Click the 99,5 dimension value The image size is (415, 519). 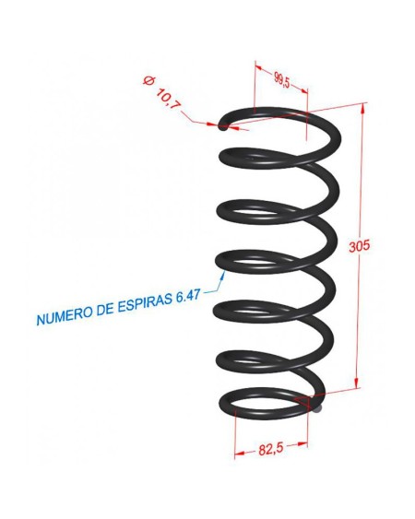click(x=282, y=80)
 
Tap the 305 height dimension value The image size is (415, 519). click(x=359, y=246)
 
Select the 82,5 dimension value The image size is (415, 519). click(x=271, y=449)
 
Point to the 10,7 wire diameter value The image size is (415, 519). click(x=168, y=99)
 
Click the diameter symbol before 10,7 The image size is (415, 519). click(x=148, y=80)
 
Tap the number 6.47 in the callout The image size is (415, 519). click(x=188, y=296)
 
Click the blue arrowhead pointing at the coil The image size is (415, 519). click(x=223, y=275)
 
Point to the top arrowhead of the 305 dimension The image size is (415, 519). click(x=363, y=108)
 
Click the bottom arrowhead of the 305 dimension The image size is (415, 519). click(x=357, y=383)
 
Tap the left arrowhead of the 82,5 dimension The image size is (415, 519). click(x=240, y=454)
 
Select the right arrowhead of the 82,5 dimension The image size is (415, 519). click(x=302, y=444)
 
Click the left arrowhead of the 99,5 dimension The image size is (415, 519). click(x=259, y=68)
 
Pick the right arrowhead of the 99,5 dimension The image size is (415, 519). click(x=303, y=90)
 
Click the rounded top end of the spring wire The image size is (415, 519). click(x=223, y=127)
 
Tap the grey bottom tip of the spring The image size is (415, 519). click(x=317, y=408)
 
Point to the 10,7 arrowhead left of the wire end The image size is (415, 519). click(x=212, y=124)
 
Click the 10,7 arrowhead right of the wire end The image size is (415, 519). click(x=234, y=127)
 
